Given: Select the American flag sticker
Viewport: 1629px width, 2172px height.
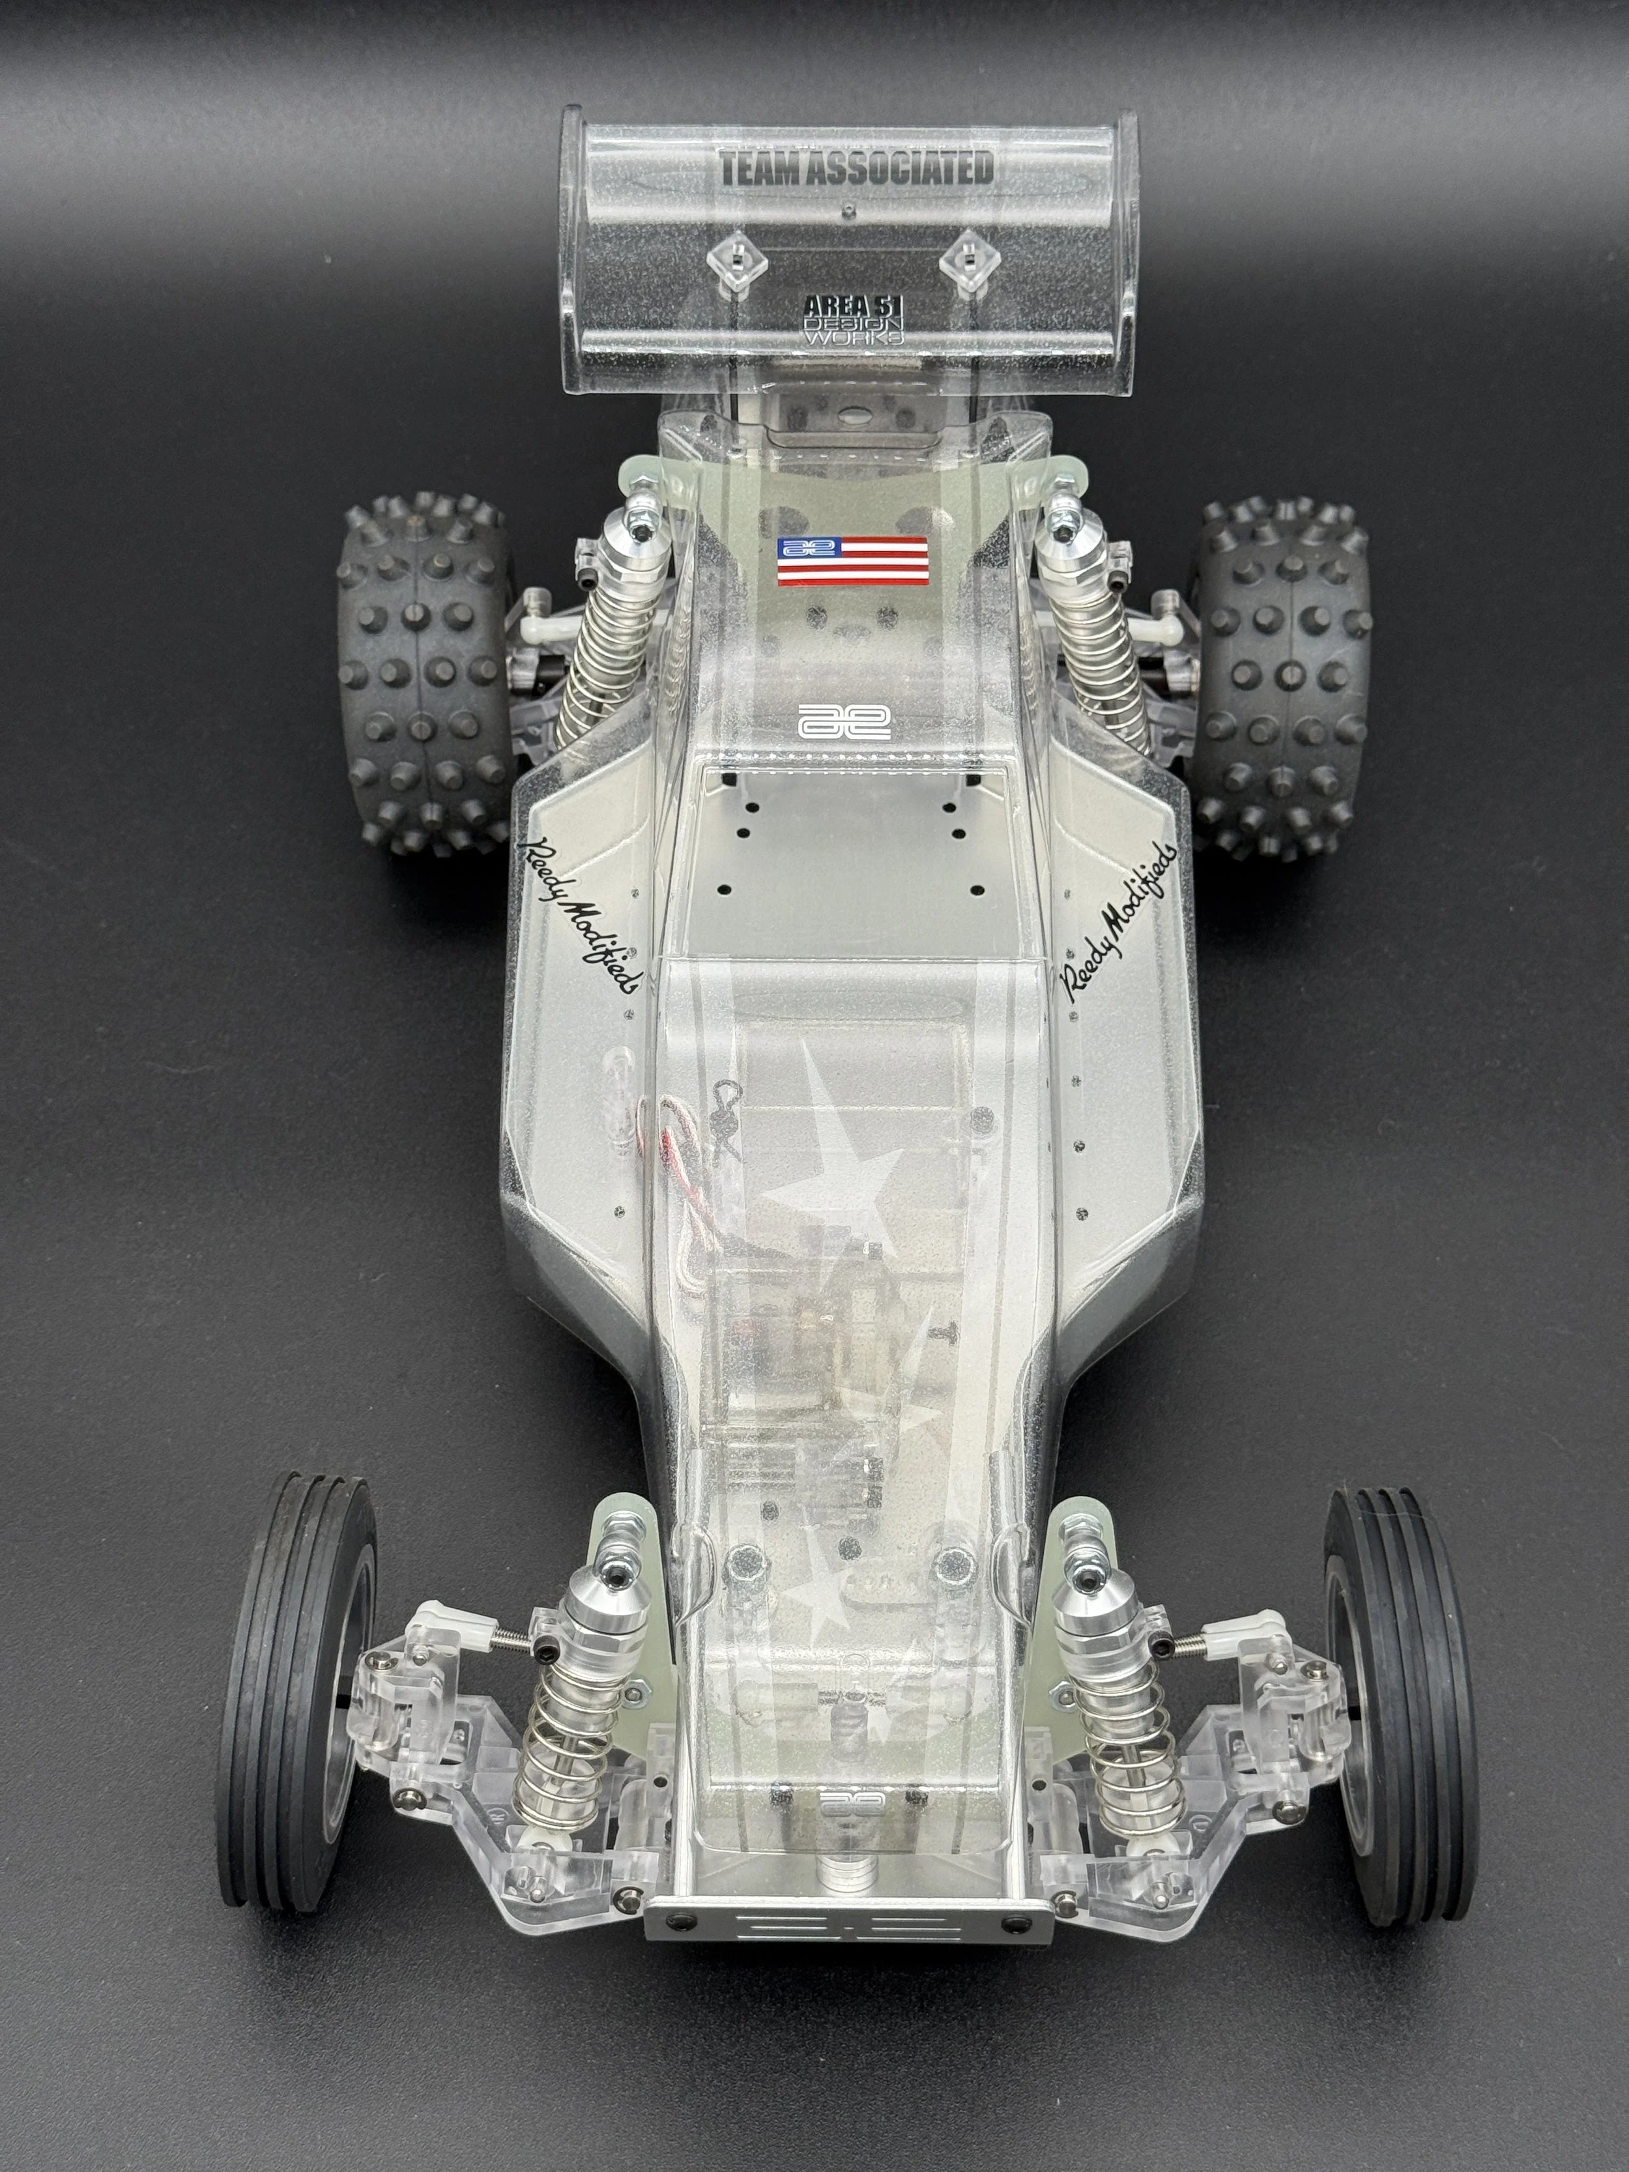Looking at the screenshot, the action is pos(852,562).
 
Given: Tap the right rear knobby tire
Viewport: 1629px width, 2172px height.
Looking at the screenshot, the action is pos(1282,678).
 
